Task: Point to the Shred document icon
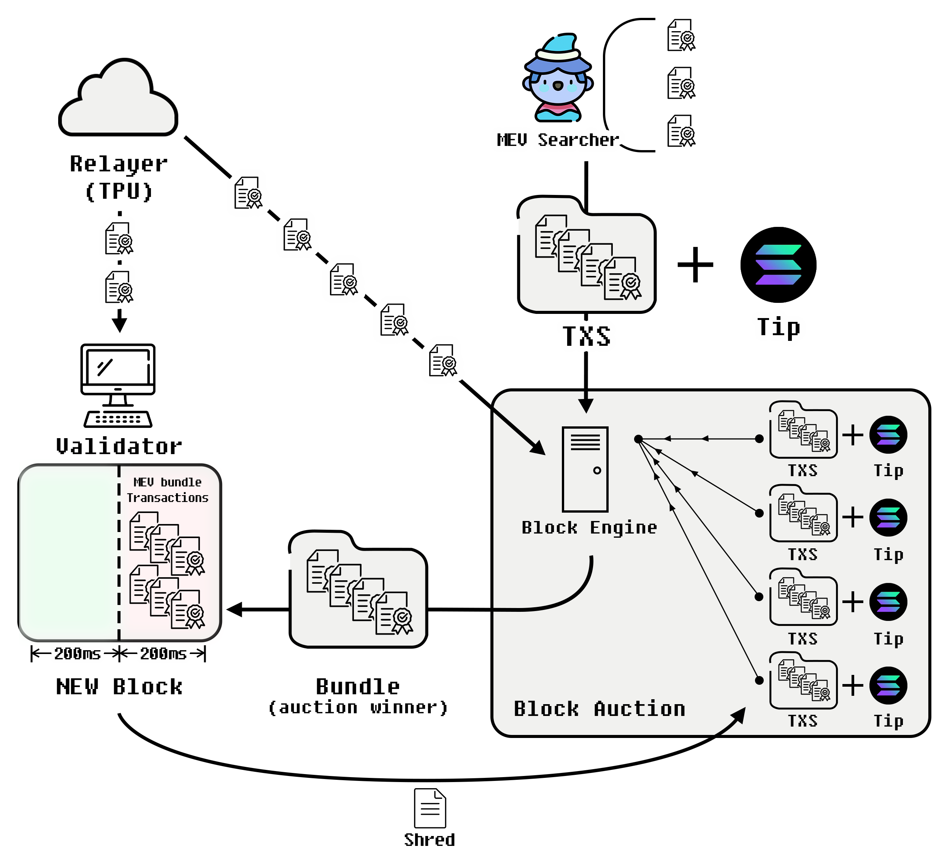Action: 430,808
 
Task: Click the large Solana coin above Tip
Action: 779,265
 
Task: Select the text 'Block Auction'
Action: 599,709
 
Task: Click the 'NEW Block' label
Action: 119,687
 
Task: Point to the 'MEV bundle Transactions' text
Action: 167,490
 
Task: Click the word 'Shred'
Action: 430,840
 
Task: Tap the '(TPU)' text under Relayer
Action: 119,191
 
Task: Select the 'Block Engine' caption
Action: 589,527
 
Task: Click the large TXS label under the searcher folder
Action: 587,336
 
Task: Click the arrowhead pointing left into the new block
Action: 235,609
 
